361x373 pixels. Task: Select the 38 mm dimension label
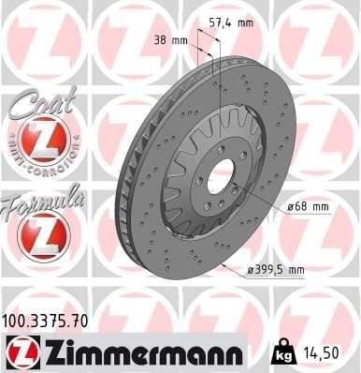[171, 40]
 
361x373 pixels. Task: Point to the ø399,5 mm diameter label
[276, 270]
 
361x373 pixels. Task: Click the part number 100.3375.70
[45, 321]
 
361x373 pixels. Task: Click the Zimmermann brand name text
[144, 352]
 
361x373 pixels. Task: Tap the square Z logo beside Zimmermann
[23, 353]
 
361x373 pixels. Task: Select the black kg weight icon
[282, 352]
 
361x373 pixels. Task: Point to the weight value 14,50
[319, 352]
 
